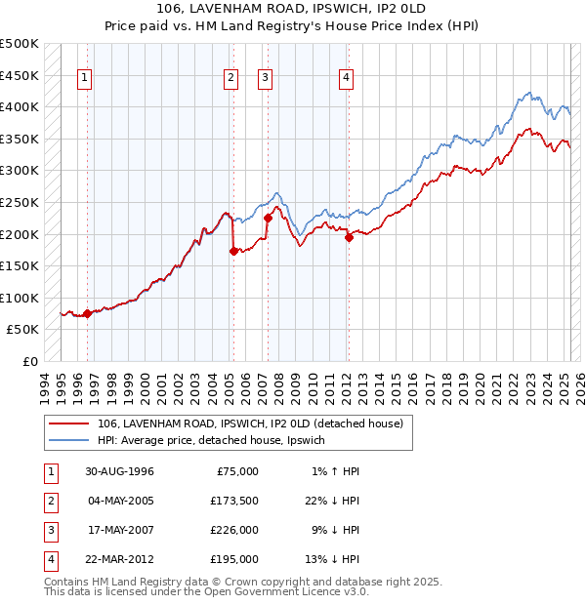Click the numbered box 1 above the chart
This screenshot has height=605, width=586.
click(86, 80)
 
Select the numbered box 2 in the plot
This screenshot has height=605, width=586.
click(230, 80)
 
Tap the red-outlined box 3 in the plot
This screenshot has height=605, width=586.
click(265, 80)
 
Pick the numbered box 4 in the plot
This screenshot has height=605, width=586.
click(347, 80)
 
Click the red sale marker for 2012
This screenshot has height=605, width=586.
click(349, 237)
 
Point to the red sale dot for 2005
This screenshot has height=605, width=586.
click(233, 251)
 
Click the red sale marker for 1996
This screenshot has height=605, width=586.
click(87, 313)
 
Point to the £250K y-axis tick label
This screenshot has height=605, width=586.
click(20, 202)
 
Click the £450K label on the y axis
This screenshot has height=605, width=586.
click(20, 75)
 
